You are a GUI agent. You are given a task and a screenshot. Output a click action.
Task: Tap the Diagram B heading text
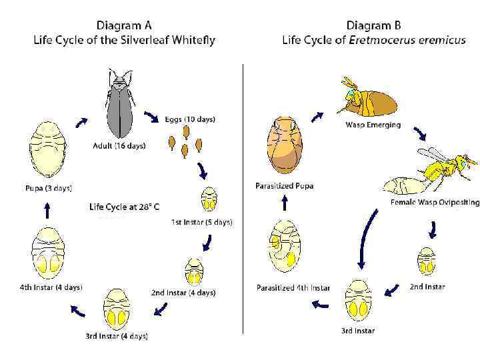(x=373, y=25)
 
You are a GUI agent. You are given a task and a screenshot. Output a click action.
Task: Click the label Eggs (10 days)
(x=190, y=120)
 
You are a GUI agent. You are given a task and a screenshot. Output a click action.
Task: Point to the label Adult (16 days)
(x=119, y=145)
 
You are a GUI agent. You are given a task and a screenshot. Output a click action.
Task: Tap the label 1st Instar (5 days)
(x=202, y=222)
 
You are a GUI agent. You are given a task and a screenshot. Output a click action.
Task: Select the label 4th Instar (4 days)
(x=51, y=287)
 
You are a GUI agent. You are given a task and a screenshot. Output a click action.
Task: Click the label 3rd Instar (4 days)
(x=116, y=336)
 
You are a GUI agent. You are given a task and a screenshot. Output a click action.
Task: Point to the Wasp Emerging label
(x=373, y=125)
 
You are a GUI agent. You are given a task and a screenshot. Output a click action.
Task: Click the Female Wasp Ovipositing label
(x=435, y=202)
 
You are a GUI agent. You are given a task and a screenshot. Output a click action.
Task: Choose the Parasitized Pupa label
(x=284, y=185)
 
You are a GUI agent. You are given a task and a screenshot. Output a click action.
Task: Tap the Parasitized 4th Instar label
(x=293, y=288)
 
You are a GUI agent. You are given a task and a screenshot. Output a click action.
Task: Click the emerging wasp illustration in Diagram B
(x=367, y=99)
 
